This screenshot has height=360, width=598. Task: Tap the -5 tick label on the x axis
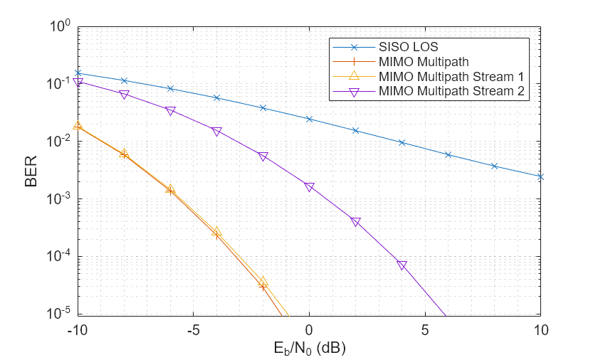pyautogui.click(x=193, y=330)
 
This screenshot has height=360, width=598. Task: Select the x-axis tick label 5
pyautogui.click(x=425, y=330)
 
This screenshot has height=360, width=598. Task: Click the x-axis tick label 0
pyautogui.click(x=309, y=330)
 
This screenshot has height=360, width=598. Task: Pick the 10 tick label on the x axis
pyautogui.click(x=540, y=330)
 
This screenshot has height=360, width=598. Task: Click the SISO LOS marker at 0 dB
pyautogui.click(x=309, y=119)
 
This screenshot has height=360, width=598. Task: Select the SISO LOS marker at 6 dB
pyautogui.click(x=448, y=154)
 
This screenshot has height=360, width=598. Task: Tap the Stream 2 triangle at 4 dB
pyautogui.click(x=402, y=265)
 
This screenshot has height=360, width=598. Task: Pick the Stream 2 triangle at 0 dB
pyautogui.click(x=309, y=187)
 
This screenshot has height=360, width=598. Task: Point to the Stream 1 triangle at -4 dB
pyautogui.click(x=216, y=232)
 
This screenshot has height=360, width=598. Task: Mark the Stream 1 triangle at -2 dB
pyautogui.click(x=263, y=282)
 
